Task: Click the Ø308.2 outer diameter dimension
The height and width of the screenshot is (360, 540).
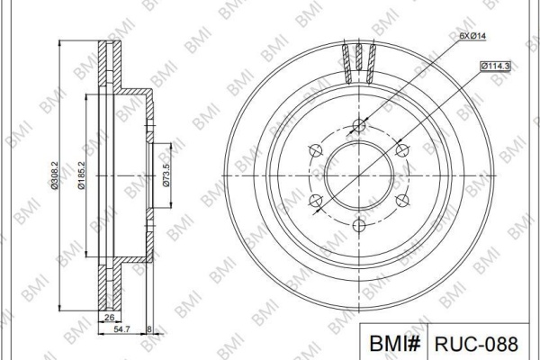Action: click(54, 175)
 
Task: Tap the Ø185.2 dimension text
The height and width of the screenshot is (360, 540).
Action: click(81, 175)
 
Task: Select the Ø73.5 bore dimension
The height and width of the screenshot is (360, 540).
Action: click(166, 175)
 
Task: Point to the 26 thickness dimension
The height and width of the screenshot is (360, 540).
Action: click(109, 318)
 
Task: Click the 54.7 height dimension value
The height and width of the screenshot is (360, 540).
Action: click(121, 329)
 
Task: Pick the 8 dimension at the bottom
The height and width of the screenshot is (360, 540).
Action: click(149, 329)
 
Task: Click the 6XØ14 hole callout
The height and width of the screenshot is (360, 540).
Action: click(472, 35)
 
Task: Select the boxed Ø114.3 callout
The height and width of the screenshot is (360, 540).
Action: click(495, 66)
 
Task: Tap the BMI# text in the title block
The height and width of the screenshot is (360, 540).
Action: click(394, 343)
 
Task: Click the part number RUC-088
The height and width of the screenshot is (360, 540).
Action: click(476, 344)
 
